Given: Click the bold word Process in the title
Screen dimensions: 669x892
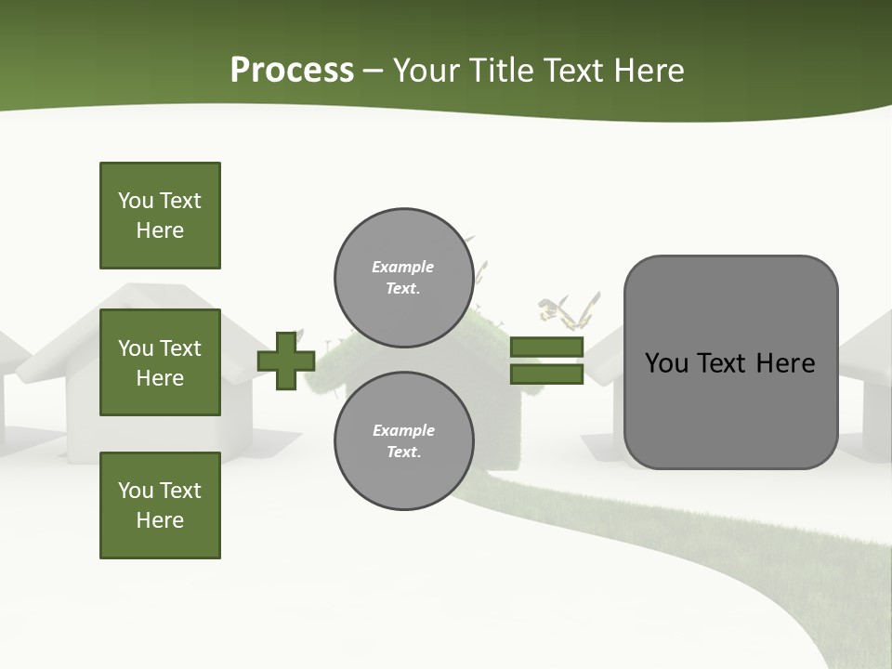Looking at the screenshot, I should pos(292,71).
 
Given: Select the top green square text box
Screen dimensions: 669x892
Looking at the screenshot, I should pos(160,216).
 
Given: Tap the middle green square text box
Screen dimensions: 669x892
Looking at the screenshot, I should pos(160,362).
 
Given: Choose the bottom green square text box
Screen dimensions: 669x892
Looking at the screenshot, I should pos(160,505).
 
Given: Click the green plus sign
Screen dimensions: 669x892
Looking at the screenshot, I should pos(286,361).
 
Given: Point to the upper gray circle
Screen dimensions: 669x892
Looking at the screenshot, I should pos(403,277).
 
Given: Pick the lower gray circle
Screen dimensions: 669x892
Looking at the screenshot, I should pos(403,440).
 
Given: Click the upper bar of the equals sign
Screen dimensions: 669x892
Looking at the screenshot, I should pos(546,347).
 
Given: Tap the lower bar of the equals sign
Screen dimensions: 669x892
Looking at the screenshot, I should pos(546,374).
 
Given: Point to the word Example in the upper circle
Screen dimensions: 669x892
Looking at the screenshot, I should pos(402,267).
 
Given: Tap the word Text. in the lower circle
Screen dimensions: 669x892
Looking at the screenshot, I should pos(403,452).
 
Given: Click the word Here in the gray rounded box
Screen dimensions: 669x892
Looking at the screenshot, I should pos(785,363).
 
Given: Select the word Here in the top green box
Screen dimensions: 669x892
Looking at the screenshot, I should pos(160,230).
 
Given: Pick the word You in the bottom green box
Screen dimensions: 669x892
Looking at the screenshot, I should pos(136,491).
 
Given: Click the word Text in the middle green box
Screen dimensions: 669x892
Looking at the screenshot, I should pos(180,348).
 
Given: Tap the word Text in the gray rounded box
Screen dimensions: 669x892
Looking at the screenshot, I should pos(723,363).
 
